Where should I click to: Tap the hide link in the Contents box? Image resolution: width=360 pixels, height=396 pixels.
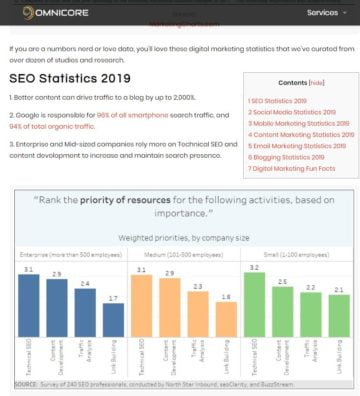[316, 84]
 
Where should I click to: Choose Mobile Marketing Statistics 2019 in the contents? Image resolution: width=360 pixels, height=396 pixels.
[299, 123]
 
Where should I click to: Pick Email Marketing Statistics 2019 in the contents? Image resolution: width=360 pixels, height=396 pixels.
[297, 145]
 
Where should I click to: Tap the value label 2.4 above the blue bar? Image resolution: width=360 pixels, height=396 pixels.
[86, 283]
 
